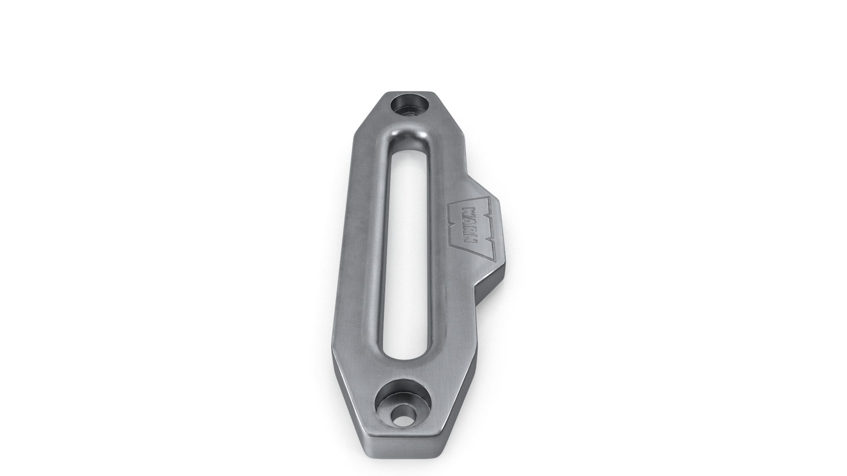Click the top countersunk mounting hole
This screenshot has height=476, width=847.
tap(410, 106)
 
